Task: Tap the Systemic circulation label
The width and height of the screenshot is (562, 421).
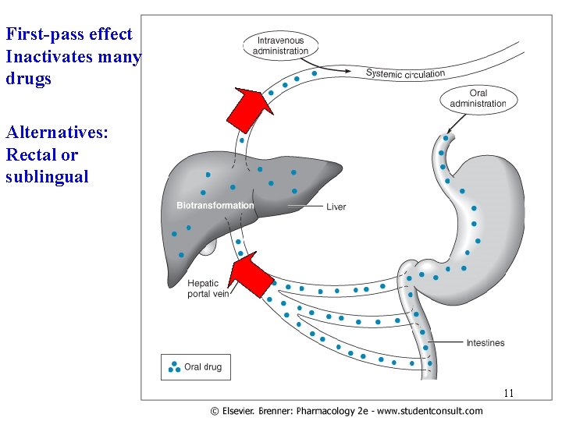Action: point(405,73)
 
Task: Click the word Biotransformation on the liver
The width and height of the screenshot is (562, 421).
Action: point(215,206)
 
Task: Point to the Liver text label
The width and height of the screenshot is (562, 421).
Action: point(336,207)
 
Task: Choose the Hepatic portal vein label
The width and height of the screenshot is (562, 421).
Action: point(208,288)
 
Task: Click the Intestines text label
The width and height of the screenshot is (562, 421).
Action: point(485,343)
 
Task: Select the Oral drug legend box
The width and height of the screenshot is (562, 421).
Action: point(196,366)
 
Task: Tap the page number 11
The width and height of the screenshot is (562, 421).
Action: point(508,393)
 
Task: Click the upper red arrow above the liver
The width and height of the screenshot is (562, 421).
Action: point(249,108)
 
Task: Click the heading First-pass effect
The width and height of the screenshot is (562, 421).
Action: point(69,34)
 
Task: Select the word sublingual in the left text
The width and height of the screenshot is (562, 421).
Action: point(47,177)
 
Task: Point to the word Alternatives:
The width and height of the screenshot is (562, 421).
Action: point(57,133)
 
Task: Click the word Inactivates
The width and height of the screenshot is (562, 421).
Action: point(50,57)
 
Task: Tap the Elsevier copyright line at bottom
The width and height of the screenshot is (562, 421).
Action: point(346,411)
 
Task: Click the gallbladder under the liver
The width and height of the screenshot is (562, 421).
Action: point(207,248)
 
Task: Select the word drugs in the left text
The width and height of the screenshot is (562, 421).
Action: point(28,80)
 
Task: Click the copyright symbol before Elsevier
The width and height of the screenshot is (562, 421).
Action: point(214,411)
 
